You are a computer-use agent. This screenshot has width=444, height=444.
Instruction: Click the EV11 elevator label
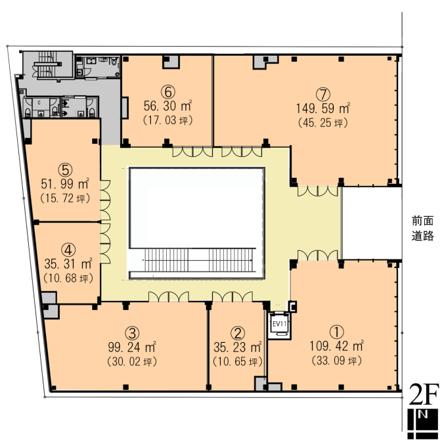tap(280, 324)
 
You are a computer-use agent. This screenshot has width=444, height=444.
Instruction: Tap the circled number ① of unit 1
tap(337, 332)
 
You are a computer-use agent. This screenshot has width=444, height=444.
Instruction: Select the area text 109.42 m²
tap(337, 346)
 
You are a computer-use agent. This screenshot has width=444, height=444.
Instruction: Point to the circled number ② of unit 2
tap(238, 333)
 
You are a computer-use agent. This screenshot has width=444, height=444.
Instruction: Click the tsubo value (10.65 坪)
tap(238, 362)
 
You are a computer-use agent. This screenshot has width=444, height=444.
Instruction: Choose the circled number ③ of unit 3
tap(132, 333)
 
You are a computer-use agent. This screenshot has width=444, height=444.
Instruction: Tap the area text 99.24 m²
tap(132, 347)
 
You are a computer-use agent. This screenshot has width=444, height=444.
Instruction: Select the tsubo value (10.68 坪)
tap(68, 278)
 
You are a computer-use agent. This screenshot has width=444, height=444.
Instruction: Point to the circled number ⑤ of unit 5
tap(66, 169)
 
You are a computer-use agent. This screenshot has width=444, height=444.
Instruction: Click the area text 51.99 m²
tap(65, 184)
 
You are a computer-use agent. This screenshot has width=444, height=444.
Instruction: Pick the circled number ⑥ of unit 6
tap(168, 92)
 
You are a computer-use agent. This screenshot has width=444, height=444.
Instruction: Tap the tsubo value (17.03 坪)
tap(168, 120)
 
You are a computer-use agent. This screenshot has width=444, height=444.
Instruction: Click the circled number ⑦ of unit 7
tap(323, 94)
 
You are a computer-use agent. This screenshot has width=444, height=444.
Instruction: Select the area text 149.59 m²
tap(323, 108)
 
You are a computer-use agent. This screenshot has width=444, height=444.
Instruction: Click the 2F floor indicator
tap(424, 395)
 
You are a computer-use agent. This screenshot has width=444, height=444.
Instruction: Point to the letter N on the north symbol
tap(423, 414)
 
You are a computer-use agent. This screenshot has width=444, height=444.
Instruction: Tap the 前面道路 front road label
tap(422, 228)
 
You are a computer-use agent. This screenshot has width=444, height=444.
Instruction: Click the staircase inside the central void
tap(198, 260)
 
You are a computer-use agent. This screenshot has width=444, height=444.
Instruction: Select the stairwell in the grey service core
tap(47, 64)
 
